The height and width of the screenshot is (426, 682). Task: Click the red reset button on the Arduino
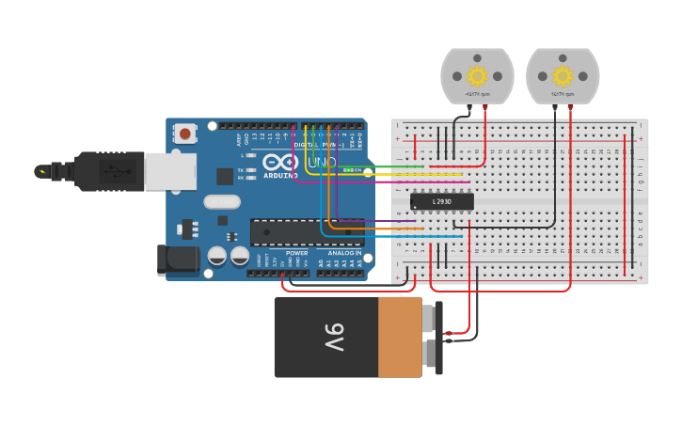(x=184, y=134)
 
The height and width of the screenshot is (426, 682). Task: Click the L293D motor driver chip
(x=441, y=201)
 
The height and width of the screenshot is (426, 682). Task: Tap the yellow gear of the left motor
(x=478, y=76)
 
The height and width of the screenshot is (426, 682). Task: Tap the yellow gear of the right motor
(x=563, y=76)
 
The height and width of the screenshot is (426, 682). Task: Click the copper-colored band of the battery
(x=400, y=338)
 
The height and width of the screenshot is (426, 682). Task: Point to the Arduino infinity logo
(x=280, y=163)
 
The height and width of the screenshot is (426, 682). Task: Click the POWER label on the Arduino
(x=296, y=253)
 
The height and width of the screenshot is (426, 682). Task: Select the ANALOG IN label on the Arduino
(x=343, y=253)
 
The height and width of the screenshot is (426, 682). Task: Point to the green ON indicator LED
(x=349, y=169)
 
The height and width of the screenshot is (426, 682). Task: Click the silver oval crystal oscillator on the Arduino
(x=222, y=201)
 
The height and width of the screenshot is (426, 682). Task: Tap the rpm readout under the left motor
(x=478, y=94)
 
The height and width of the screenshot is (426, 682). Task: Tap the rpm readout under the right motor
(x=563, y=94)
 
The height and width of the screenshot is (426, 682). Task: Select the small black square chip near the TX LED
(x=225, y=176)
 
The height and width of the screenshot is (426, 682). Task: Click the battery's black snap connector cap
(x=434, y=338)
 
